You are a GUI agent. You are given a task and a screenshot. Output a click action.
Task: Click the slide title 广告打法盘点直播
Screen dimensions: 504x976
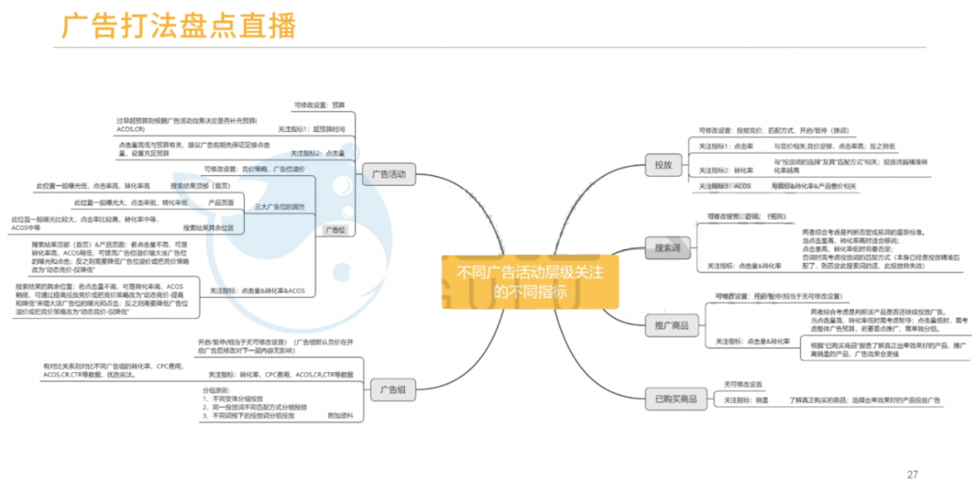(178, 26)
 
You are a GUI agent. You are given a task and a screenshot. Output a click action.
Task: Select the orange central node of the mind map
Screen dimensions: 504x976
(530, 280)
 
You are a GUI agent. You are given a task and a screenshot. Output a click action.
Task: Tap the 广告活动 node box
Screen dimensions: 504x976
(389, 174)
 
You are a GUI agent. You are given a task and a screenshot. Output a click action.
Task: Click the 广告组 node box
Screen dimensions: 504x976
(391, 390)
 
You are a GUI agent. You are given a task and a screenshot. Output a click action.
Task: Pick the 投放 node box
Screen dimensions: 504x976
(662, 164)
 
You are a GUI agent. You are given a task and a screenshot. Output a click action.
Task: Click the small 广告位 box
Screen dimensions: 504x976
(335, 230)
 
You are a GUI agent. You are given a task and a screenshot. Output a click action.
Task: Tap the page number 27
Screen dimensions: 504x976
(912, 474)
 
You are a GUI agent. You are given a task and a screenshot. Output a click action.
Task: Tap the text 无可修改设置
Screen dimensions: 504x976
(743, 384)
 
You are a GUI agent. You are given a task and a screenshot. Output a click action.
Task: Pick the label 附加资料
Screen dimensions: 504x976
(340, 415)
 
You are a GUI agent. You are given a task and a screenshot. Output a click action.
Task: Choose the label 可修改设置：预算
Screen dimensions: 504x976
(319, 105)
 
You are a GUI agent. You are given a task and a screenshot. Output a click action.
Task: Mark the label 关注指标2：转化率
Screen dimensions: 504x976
(727, 170)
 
